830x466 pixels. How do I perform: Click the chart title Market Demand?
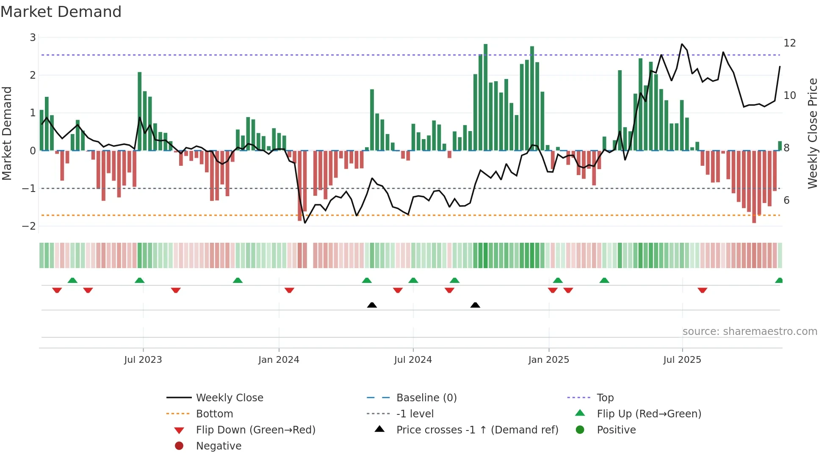[61, 12]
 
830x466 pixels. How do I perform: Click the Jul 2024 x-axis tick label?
[413, 359]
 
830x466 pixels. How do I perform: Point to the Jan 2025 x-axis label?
[548, 359]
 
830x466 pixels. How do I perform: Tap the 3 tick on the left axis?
[33, 38]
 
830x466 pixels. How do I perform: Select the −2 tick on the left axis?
[29, 226]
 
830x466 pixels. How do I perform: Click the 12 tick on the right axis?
[789, 43]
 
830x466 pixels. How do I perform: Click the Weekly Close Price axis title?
[812, 133]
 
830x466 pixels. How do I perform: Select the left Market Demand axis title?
[7, 133]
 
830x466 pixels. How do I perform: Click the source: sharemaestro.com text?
[750, 331]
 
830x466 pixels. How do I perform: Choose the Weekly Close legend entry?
[229, 397]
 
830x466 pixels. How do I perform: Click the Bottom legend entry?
[214, 414]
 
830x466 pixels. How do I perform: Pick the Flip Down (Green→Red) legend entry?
[255, 430]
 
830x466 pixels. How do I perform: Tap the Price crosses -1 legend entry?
[477, 430]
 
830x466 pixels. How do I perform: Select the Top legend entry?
[605, 397]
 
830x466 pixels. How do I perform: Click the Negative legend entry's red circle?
[179, 446]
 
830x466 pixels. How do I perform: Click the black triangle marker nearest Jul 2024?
[372, 305]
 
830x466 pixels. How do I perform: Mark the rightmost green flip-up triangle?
[779, 280]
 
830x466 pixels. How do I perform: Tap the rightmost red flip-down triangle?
[703, 290]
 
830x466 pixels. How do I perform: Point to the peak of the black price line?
[682, 44]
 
